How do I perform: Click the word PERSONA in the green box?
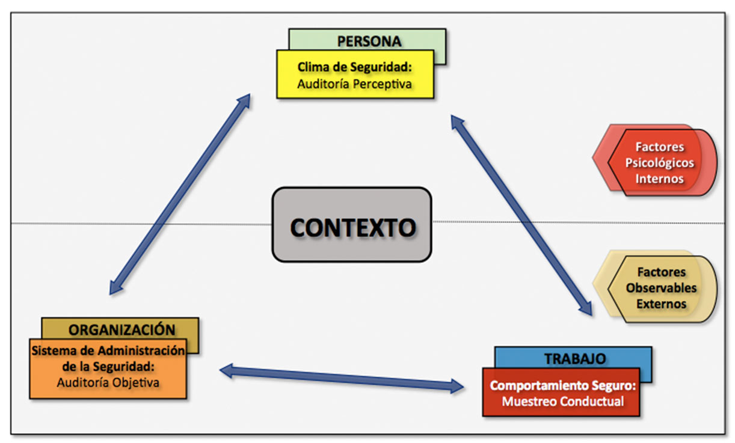(369, 41)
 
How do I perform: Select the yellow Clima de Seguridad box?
(355, 75)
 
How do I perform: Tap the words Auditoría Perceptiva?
(354, 84)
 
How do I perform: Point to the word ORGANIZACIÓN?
(121, 329)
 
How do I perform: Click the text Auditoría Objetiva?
(108, 382)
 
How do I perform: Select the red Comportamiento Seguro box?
(560, 392)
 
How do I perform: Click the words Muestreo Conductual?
(562, 401)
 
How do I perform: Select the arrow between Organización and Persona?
(179, 194)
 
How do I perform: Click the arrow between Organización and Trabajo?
(341, 379)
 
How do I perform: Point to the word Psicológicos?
(659, 162)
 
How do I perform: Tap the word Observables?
(661, 288)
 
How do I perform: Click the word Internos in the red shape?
(659, 178)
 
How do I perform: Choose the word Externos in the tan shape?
(661, 304)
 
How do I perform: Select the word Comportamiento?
(535, 386)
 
